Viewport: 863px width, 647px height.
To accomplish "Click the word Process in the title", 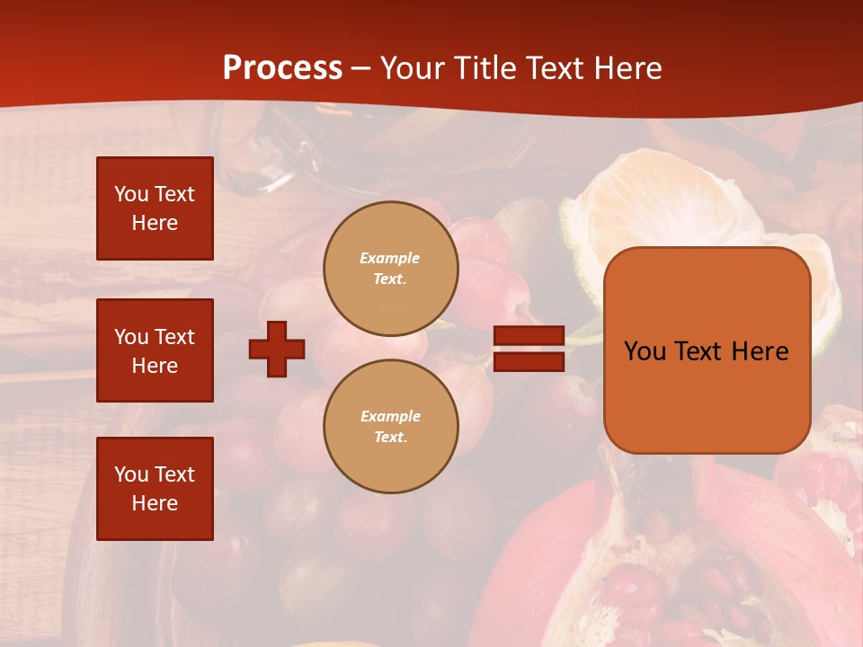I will click(x=282, y=68).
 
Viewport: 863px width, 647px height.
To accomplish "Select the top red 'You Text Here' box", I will click(x=155, y=208).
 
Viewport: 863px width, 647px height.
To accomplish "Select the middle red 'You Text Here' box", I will click(x=155, y=350).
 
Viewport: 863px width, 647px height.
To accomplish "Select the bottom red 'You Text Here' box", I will click(x=155, y=488).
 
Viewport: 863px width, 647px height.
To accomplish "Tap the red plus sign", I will click(x=277, y=349).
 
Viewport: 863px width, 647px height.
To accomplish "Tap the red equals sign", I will click(x=529, y=349).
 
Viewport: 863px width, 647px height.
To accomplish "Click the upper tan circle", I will click(x=391, y=269).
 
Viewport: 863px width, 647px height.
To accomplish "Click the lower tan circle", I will click(x=391, y=427).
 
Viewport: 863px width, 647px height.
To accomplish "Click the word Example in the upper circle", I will click(x=390, y=258).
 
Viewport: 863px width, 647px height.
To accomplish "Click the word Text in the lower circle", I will click(x=390, y=438).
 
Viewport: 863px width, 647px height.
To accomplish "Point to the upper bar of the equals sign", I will click(x=529, y=336).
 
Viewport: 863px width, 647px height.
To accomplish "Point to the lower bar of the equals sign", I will click(x=529, y=362).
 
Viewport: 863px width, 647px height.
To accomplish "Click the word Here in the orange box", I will click(x=761, y=351).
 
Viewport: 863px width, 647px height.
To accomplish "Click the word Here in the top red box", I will click(x=155, y=223).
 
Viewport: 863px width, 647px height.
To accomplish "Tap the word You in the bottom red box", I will click(x=131, y=474).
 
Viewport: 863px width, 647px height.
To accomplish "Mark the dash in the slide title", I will click(x=360, y=69).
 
